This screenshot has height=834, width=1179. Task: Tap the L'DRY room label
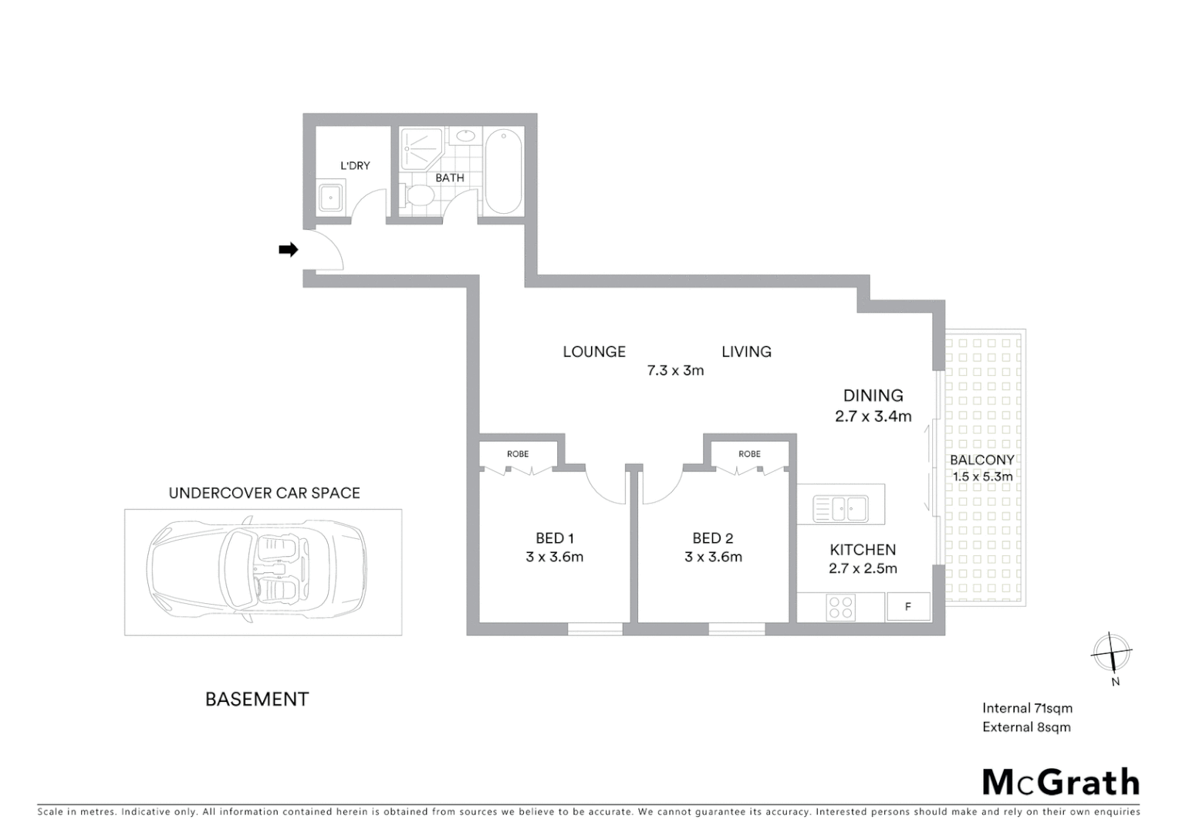[x=355, y=165]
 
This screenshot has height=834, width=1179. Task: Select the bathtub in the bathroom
[x=503, y=171]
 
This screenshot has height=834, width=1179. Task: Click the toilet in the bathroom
[x=421, y=195]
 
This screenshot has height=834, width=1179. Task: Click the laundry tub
[x=333, y=197]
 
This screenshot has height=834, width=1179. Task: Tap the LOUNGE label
[x=593, y=352]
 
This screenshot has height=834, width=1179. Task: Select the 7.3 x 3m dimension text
[x=675, y=371]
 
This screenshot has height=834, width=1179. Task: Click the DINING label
[x=873, y=395]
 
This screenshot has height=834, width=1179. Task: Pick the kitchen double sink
[x=841, y=509]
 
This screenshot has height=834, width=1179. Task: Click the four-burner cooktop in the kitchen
[x=840, y=607]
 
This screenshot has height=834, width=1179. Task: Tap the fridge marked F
[x=908, y=607]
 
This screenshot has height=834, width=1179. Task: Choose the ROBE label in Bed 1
[x=518, y=454]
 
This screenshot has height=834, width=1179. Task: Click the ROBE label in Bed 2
[x=749, y=454]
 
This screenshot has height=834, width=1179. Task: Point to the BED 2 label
[x=712, y=538]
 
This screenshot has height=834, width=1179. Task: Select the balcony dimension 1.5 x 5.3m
[x=982, y=477]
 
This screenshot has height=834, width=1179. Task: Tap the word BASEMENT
[x=257, y=700]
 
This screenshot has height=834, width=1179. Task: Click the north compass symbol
[x=1111, y=653]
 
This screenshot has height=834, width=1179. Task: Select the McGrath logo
[x=1061, y=782]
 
